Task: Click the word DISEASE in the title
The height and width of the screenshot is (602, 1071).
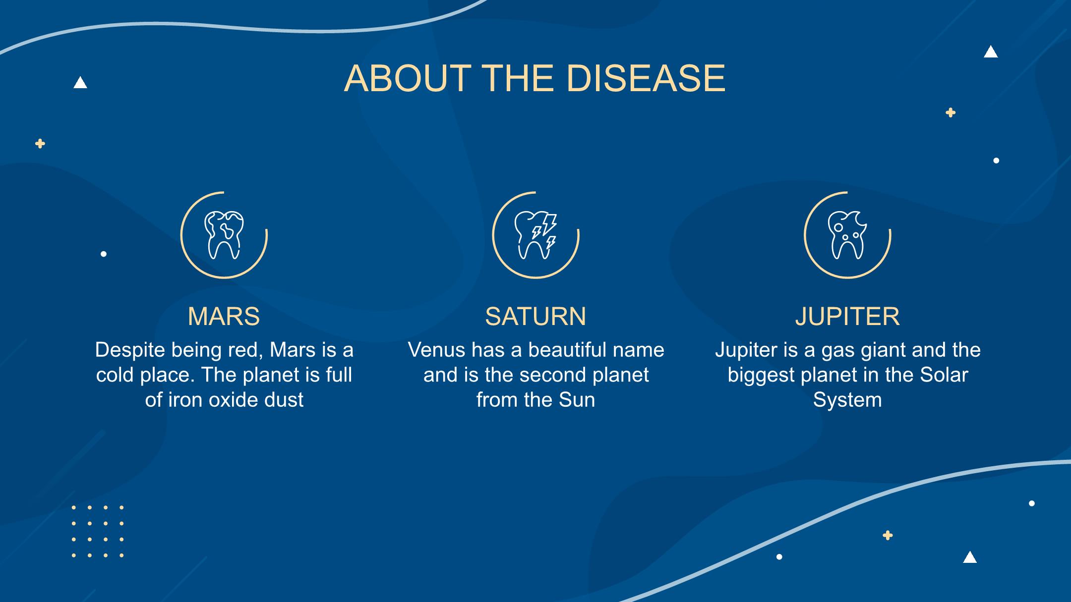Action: pyautogui.click(x=646, y=78)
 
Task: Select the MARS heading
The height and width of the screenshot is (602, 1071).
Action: pyautogui.click(x=224, y=316)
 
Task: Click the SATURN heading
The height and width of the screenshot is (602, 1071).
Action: pyautogui.click(x=535, y=316)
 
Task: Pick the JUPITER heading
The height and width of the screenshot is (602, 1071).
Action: pyautogui.click(x=847, y=316)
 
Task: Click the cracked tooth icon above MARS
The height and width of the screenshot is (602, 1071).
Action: pyautogui.click(x=224, y=235)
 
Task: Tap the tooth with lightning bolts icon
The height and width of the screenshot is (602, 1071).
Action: pyautogui.click(x=536, y=235)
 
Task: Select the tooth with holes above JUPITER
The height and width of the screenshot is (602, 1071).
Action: pyautogui.click(x=847, y=235)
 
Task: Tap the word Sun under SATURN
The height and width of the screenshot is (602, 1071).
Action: pyautogui.click(x=577, y=400)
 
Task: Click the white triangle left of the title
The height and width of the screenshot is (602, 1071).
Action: pyautogui.click(x=80, y=82)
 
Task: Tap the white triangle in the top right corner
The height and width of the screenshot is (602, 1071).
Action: pyautogui.click(x=991, y=52)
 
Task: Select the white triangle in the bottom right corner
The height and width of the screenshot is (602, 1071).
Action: pyautogui.click(x=970, y=557)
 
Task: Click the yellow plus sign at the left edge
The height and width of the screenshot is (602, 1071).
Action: pyautogui.click(x=40, y=144)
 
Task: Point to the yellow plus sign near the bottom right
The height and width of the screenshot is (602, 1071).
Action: pyautogui.click(x=888, y=536)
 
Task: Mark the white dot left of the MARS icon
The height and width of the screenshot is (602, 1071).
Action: pyautogui.click(x=104, y=254)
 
